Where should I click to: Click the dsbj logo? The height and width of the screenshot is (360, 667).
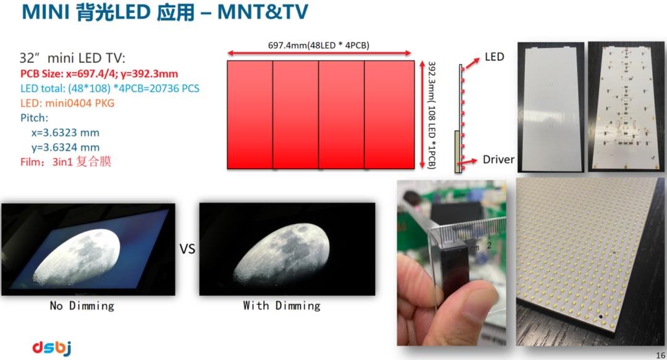coord(51,348)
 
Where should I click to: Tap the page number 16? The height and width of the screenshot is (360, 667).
coord(660,355)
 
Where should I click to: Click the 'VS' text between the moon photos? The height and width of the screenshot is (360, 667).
coord(187,248)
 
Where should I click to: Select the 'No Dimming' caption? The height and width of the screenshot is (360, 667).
coord(82,306)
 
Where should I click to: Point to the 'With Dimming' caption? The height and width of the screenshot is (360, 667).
coord(282,306)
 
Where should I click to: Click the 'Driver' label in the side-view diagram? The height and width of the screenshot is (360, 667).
coord(498,159)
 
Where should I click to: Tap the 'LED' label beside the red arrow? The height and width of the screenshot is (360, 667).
coord(494,57)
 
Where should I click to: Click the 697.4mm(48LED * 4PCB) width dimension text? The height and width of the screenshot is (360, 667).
coord(319,45)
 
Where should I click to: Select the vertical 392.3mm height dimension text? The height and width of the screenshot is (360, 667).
coord(431,115)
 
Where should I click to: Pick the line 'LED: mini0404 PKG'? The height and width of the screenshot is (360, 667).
coord(67,103)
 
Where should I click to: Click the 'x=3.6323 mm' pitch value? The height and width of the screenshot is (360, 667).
coord(65,133)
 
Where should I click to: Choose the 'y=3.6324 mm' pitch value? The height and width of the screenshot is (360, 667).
coord(65,147)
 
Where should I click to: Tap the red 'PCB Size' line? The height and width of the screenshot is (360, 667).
coord(99,73)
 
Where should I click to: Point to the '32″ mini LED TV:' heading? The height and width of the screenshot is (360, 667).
coord(72,58)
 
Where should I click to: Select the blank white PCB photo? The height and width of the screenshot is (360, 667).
coord(550,107)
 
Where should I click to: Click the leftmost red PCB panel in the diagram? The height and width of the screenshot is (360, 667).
coord(250,115)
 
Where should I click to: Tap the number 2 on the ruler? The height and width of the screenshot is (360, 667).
coord(489,246)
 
